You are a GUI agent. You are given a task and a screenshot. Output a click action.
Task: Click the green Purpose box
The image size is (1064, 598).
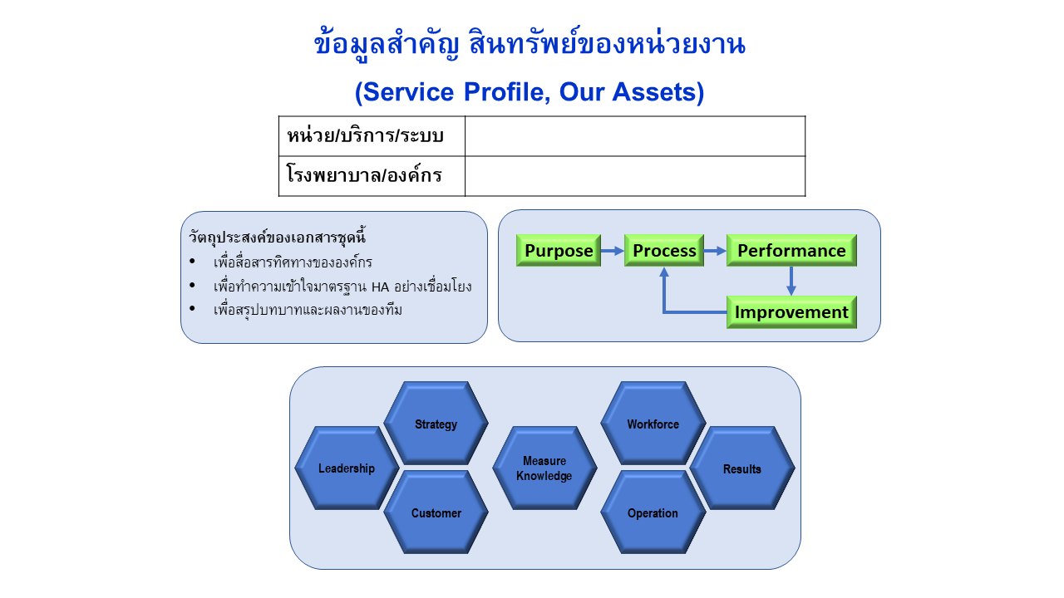point(559,250)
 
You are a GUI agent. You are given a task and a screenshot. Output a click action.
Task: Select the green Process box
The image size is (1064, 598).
point(664,250)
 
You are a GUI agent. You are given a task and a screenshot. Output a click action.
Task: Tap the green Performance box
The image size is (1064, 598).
point(791,250)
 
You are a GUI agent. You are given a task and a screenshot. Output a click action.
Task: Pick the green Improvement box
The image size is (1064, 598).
point(791,312)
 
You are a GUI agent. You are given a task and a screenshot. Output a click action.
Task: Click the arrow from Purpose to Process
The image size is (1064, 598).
point(613,250)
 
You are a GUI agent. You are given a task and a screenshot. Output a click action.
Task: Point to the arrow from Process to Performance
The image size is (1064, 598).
point(715,250)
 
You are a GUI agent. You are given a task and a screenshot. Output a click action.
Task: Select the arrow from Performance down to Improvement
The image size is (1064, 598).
point(791,281)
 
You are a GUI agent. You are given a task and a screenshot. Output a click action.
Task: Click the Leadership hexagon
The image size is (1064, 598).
point(347,468)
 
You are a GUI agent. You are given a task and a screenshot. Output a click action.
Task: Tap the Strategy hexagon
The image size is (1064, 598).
point(436,424)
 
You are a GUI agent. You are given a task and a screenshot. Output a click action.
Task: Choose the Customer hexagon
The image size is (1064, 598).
point(436,512)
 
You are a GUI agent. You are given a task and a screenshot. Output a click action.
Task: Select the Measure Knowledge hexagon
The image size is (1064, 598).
point(544,468)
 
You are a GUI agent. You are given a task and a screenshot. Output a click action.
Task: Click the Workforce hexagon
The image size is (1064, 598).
point(653,424)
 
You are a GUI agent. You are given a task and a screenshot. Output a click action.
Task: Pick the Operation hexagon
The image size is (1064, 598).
point(653,512)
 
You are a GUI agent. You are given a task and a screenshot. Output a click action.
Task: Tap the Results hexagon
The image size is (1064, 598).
point(742,468)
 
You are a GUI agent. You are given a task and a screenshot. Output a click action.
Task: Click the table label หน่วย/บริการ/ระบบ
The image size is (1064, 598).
point(365,136)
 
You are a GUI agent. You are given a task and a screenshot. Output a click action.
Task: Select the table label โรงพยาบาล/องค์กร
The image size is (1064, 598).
point(364,176)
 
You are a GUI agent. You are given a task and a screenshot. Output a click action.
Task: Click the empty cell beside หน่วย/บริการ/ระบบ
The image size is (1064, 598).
point(635,136)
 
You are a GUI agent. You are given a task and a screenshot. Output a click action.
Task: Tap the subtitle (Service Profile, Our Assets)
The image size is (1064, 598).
point(530,91)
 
